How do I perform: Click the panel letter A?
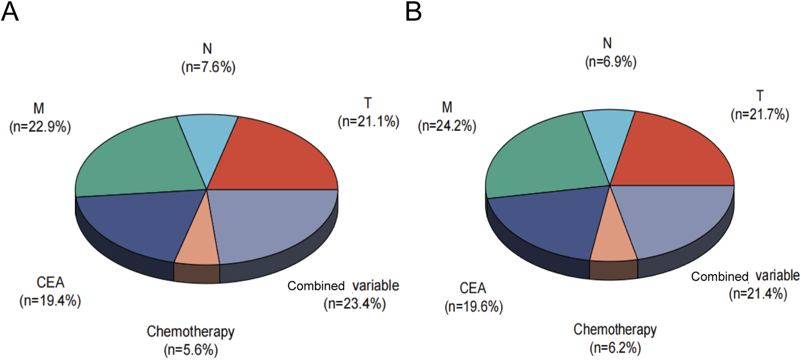pos(10,12)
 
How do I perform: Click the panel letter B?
pos(413,12)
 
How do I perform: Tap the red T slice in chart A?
pos(271,158)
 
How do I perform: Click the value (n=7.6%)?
pos(208,67)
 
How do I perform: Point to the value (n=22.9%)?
pos(40,127)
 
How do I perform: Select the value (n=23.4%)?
pos(355,303)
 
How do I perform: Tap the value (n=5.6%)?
pos(191,350)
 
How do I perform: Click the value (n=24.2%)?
pos(447,126)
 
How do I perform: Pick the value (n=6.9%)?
pos(611,62)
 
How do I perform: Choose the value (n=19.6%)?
pos(474,307)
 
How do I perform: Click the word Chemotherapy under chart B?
pos(615,329)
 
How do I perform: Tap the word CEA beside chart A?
pos(50,282)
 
